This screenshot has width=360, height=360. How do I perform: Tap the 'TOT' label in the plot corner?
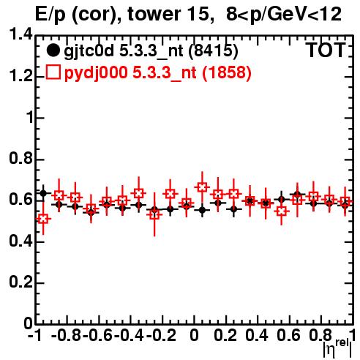(x=326, y=50)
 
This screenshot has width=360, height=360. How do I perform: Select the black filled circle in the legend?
(x=53, y=50)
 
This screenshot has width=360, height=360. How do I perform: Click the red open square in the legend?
(x=53, y=72)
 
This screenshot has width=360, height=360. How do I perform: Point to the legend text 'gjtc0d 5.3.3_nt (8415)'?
(x=151, y=51)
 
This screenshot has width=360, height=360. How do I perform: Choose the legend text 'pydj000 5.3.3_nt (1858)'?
(x=157, y=73)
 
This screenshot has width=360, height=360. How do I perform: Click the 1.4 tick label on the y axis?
(x=20, y=35)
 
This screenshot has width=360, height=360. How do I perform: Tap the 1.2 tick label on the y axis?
(x=20, y=76)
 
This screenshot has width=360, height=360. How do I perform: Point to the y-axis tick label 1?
(x=29, y=118)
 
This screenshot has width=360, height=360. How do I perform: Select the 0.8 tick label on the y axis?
(x=20, y=159)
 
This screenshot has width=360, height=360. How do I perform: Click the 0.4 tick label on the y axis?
(x=20, y=241)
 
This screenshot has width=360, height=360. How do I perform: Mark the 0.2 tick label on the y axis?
(x=20, y=282)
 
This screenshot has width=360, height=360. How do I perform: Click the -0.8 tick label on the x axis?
(x=67, y=335)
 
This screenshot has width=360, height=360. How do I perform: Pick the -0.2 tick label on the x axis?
(x=161, y=335)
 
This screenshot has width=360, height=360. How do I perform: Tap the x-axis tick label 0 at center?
(x=194, y=335)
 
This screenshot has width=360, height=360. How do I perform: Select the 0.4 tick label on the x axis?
(x=257, y=335)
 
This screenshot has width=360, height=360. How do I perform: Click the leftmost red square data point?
(x=43, y=219)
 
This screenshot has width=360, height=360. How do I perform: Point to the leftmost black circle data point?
(x=43, y=193)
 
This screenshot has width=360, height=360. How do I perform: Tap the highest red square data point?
(x=202, y=187)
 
